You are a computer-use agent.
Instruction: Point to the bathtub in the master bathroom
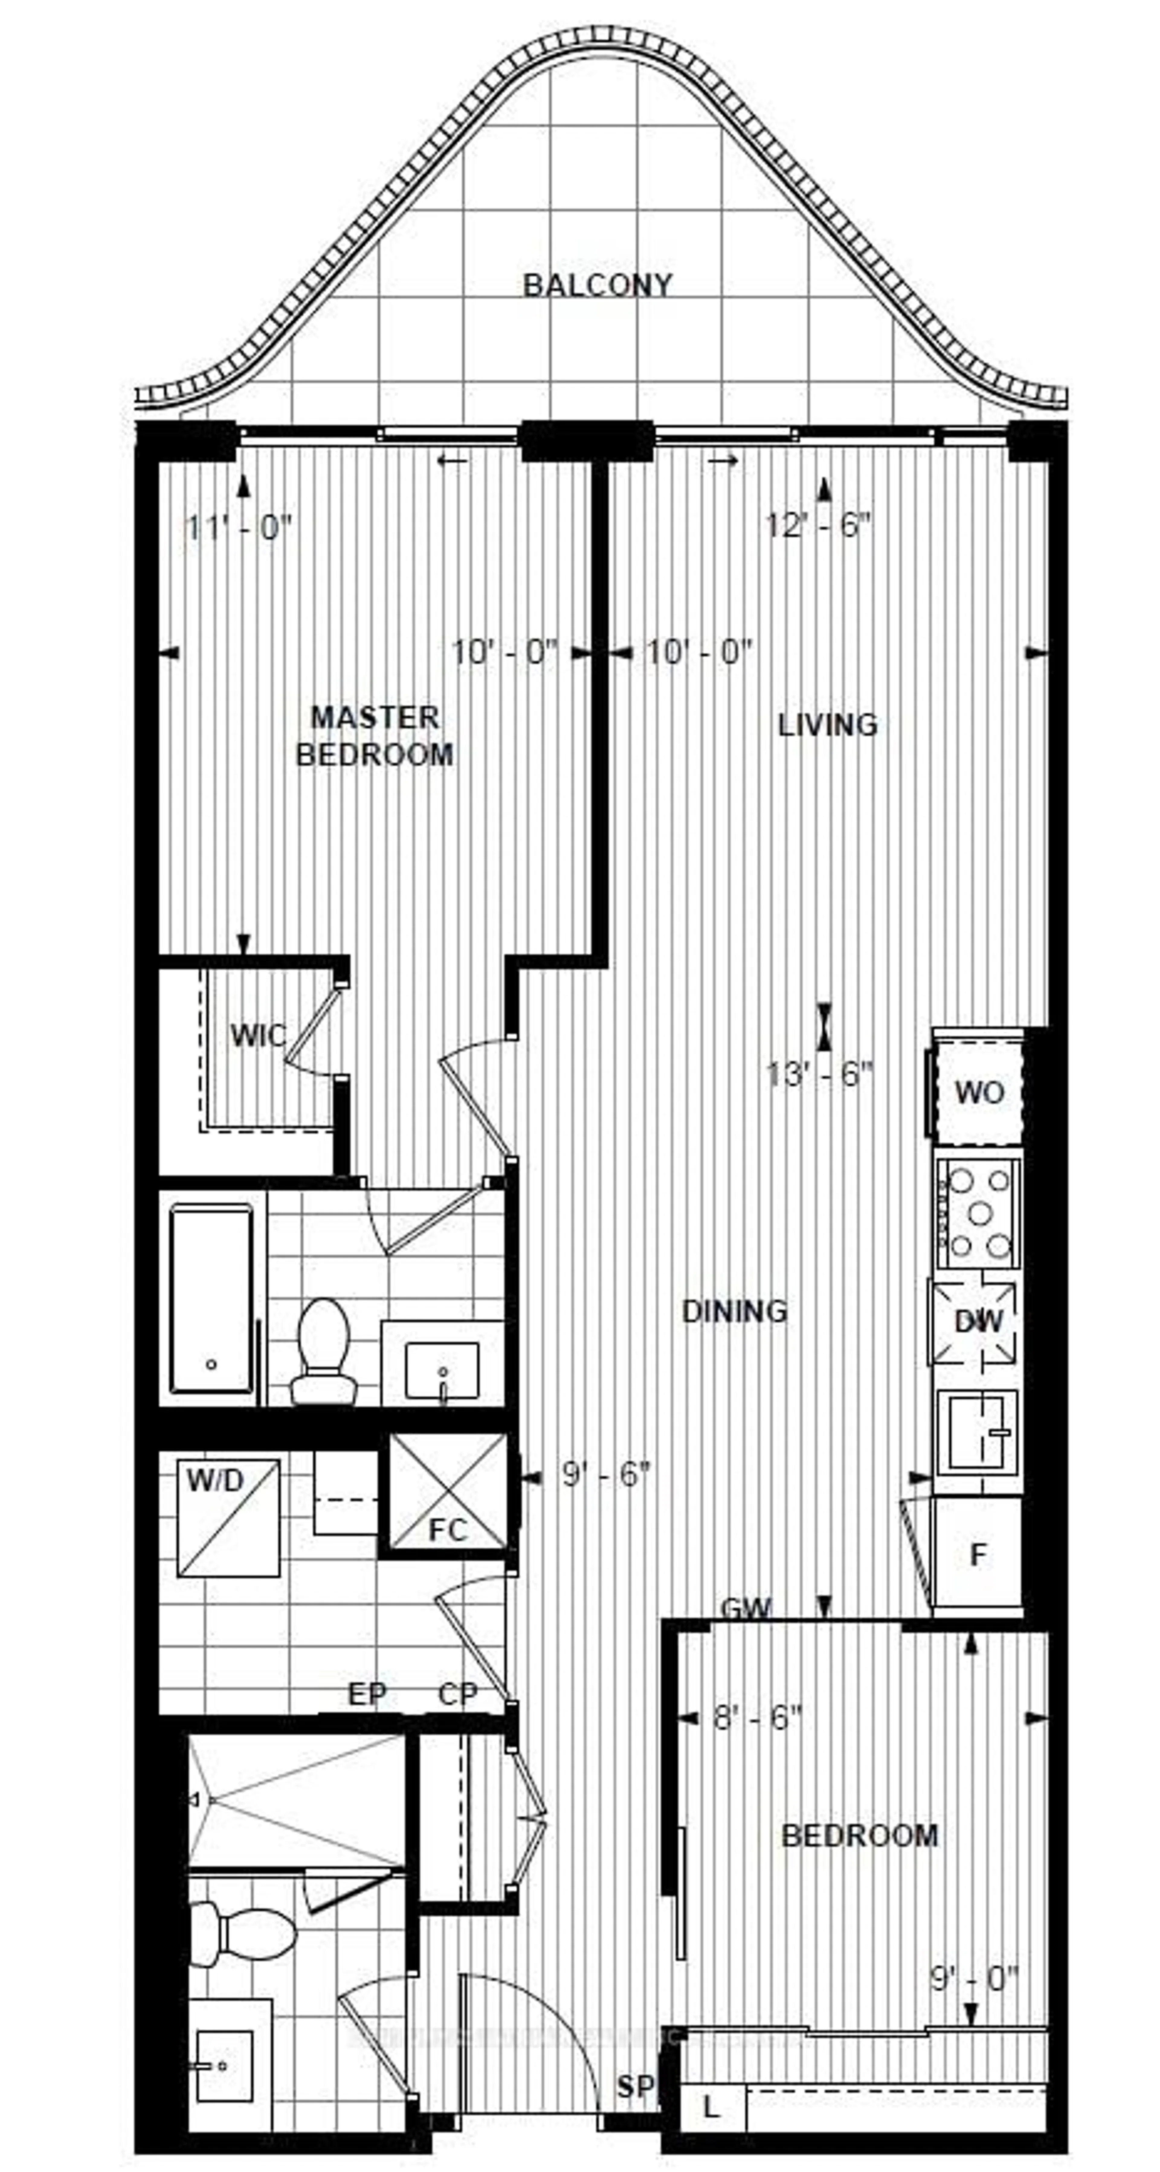click(x=211, y=1299)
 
